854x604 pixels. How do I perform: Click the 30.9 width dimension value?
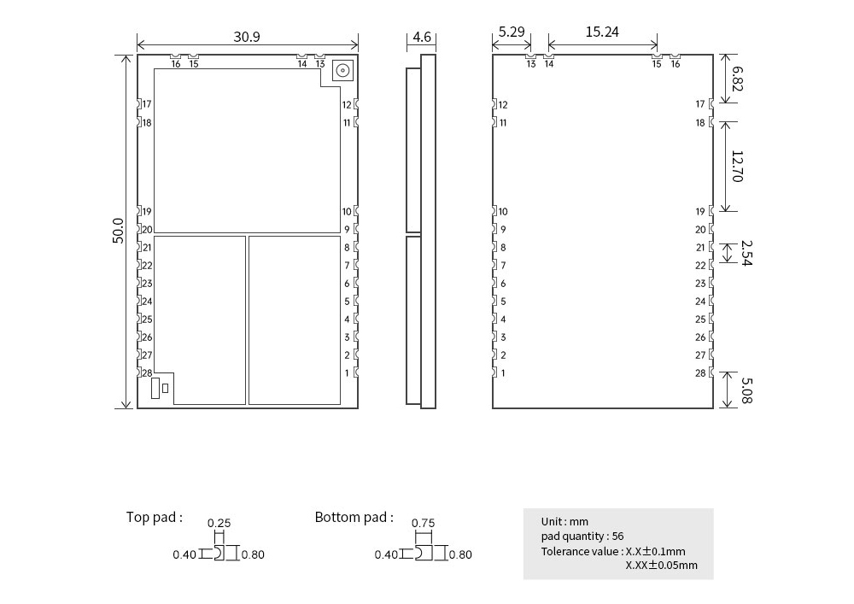coord(247,37)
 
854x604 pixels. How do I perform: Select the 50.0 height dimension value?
coord(119,231)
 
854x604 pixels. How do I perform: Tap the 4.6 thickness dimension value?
coord(422,38)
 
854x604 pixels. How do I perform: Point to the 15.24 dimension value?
coord(602,32)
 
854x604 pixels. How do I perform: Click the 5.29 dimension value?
coord(511,32)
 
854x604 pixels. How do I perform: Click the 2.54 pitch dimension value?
coord(746,253)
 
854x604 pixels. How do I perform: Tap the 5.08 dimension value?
coord(746,390)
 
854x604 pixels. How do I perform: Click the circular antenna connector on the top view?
coord(342,71)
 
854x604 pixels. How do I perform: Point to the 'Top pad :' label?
coord(155,517)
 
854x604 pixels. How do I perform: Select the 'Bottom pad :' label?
coord(354,517)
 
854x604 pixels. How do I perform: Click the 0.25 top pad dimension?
coord(219,524)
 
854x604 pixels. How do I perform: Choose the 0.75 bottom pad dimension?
coord(423,524)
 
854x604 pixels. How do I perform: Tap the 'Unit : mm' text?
coord(564,521)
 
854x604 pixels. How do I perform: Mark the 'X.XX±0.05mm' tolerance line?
coord(661,565)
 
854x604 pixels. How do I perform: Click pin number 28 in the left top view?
coord(147,373)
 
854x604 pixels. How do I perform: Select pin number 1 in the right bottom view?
coord(504,373)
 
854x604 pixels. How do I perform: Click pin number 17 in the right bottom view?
coord(700,104)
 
